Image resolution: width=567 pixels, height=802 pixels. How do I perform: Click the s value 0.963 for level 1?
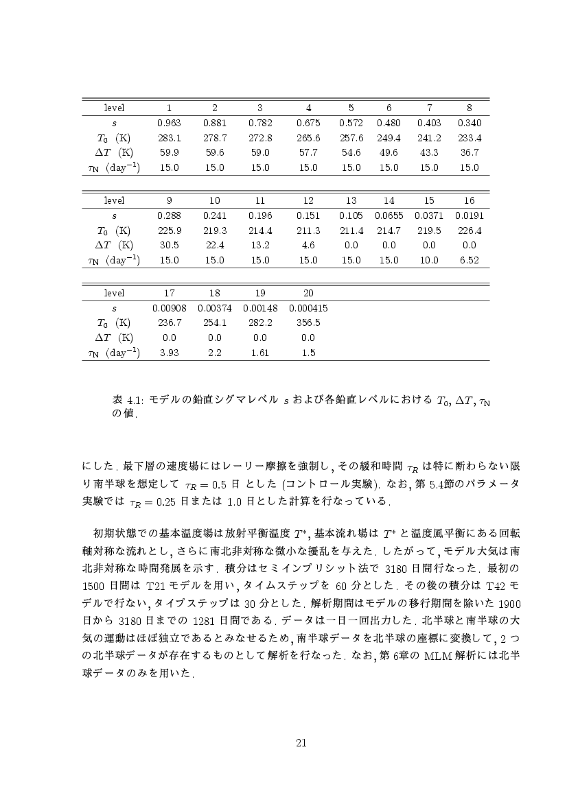click(169, 123)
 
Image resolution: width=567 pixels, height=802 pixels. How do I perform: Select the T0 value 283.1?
click(169, 137)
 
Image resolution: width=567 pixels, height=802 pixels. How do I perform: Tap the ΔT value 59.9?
click(169, 152)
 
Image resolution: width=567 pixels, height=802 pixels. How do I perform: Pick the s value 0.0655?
click(389, 215)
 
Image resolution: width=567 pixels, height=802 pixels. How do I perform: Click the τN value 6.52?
click(469, 260)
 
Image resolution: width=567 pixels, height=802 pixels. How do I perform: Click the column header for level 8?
click(469, 108)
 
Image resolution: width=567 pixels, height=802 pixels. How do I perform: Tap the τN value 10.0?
click(429, 260)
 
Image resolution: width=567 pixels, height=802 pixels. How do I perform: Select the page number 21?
click(301, 742)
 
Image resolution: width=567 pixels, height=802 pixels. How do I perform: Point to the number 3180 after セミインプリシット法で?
click(392, 569)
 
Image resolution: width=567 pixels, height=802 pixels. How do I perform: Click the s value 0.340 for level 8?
click(469, 123)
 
